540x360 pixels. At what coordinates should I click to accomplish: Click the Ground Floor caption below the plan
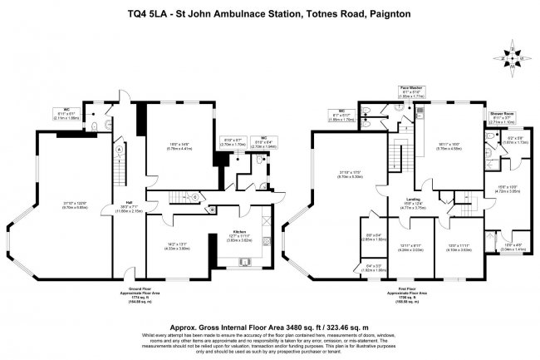click(x=135, y=291)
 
